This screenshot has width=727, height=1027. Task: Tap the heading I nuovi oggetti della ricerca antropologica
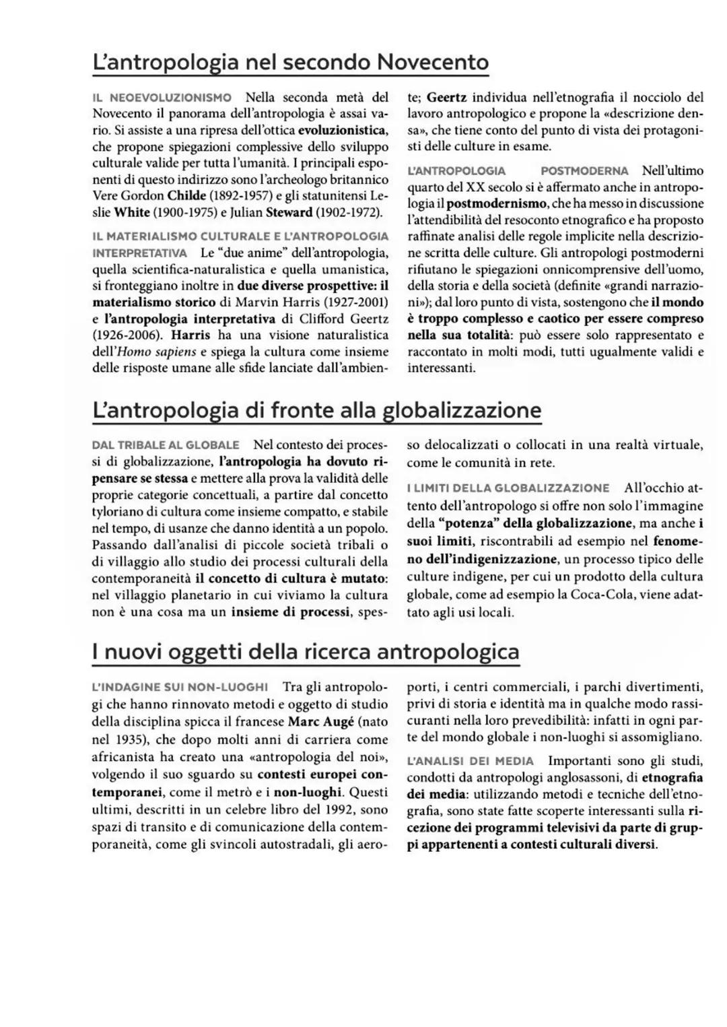pos(306,651)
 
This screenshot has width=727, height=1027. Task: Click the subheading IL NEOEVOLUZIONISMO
pos(162,98)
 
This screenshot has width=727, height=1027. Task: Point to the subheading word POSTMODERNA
pos(584,170)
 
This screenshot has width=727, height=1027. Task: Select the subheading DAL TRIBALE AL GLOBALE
pos(166,445)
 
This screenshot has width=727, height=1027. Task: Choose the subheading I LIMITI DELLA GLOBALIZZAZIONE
pos(508,488)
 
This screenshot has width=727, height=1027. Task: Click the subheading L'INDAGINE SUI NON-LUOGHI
pos(180,687)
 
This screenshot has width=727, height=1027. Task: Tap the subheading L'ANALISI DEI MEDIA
pos(471,761)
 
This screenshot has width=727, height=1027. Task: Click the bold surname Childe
pos(187,195)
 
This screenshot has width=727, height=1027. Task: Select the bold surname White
pos(132,212)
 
